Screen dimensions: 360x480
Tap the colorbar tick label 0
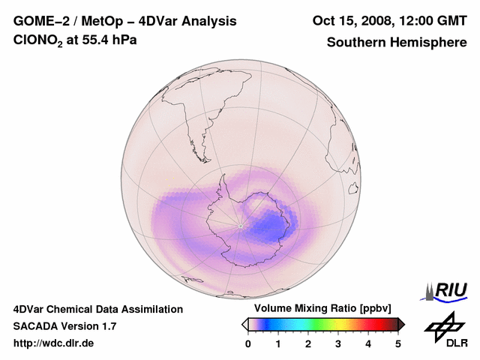pyautogui.click(x=248, y=343)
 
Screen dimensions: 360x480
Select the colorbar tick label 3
pyautogui.click(x=338, y=343)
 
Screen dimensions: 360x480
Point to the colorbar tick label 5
pyautogui.click(x=398, y=343)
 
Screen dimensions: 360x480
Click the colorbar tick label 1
pyautogui.click(x=278, y=343)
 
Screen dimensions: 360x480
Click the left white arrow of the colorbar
pyautogui.click(x=244, y=324)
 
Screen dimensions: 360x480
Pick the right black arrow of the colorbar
pyautogui.click(x=401, y=324)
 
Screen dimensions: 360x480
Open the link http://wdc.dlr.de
pyautogui.click(x=54, y=343)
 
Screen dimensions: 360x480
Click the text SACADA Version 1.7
pyautogui.click(x=64, y=326)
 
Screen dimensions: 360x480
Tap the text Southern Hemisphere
pyautogui.click(x=397, y=42)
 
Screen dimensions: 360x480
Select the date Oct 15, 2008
pyautogui.click(x=350, y=21)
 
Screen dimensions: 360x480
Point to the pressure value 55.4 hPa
pyautogui.click(x=104, y=40)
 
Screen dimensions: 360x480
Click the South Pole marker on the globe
pyautogui.click(x=240, y=226)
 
